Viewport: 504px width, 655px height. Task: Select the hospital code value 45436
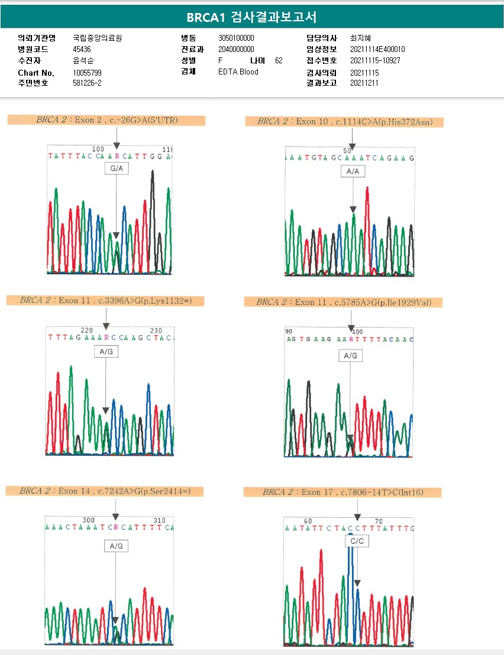[x=82, y=49]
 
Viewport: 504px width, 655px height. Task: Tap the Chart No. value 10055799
[x=88, y=72]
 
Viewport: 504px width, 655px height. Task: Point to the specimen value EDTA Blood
[x=238, y=72]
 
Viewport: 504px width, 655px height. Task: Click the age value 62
[x=279, y=61]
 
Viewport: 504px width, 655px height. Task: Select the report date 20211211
[x=364, y=83]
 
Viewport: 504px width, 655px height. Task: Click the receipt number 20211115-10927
[x=375, y=61]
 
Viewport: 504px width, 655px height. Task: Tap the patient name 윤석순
[x=83, y=61]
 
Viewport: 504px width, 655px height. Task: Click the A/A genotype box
[x=353, y=171]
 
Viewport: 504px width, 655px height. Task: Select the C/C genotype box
[x=357, y=541]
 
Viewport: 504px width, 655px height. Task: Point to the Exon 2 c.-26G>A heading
[x=106, y=121]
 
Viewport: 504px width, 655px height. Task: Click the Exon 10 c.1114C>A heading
[x=345, y=122]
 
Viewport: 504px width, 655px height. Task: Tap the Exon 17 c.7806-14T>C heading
[x=343, y=492]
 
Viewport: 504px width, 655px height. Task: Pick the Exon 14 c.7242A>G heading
[x=105, y=491]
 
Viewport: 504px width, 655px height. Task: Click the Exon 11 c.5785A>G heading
[x=344, y=302]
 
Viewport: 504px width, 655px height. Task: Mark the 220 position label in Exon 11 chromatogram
[x=87, y=330]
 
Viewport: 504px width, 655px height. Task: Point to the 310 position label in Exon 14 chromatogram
[x=160, y=520]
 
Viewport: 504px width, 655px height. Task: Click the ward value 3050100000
[x=237, y=38]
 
